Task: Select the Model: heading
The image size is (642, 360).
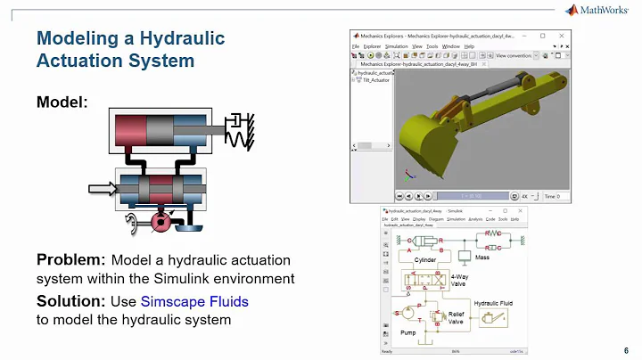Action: pyautogui.click(x=62, y=102)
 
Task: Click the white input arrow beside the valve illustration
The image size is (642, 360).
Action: pyautogui.click(x=103, y=188)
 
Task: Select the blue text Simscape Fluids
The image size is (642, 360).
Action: pyautogui.click(x=194, y=302)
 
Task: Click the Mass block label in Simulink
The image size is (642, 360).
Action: pyautogui.click(x=481, y=258)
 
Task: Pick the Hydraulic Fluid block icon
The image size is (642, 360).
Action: pyautogui.click(x=490, y=316)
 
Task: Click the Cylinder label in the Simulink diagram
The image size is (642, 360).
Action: pyautogui.click(x=424, y=261)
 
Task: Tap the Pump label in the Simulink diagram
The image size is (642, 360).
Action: pyautogui.click(x=407, y=331)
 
